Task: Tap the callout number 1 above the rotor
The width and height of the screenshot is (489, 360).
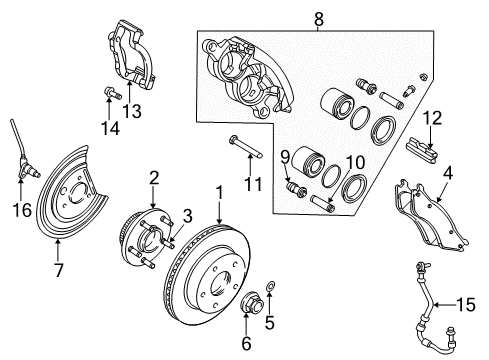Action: click(x=218, y=190)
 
